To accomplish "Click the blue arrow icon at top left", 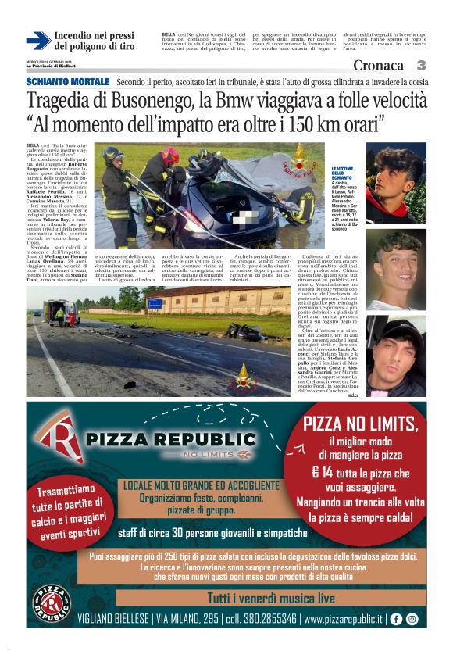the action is pos(38,41).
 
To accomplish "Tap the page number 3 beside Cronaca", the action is pos(420,66).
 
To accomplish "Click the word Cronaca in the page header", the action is pos(379,66).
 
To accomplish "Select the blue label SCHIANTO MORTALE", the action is pos(68,82).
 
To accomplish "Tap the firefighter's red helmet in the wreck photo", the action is pos(170,156).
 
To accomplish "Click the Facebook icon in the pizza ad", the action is pos(396,618).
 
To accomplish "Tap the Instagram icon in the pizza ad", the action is pos(412,618).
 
